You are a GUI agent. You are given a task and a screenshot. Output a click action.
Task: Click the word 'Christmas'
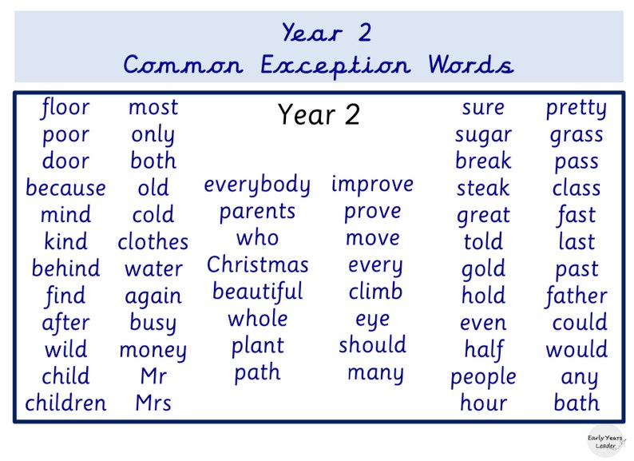pyautogui.click(x=257, y=264)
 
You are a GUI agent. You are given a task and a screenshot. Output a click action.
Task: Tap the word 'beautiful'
pyautogui.click(x=257, y=292)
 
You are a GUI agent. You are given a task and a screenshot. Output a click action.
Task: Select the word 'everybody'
pyautogui.click(x=257, y=185)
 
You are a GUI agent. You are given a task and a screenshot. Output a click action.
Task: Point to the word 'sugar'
pyautogui.click(x=483, y=135)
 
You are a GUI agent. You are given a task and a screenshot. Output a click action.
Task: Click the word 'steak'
pyautogui.click(x=483, y=189)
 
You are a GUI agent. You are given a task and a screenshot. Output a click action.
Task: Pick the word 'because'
pyautogui.click(x=65, y=189)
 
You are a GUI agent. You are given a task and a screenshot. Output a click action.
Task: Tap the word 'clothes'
pyautogui.click(x=153, y=242)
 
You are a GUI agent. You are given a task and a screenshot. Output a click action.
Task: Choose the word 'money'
pyautogui.click(x=153, y=350)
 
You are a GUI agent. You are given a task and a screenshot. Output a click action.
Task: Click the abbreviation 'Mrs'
pyautogui.click(x=153, y=403)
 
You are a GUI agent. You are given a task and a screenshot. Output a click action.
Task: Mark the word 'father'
pyautogui.click(x=576, y=296)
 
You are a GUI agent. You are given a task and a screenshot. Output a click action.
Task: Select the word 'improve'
pyautogui.click(x=372, y=185)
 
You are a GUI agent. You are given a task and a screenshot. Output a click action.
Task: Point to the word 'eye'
pyautogui.click(x=372, y=319)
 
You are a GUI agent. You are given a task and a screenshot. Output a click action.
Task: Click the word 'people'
pyautogui.click(x=483, y=376)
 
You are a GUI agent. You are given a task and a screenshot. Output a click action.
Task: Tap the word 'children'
pyautogui.click(x=65, y=403)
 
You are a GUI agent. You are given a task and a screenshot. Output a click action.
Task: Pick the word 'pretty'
pyautogui.click(x=576, y=109)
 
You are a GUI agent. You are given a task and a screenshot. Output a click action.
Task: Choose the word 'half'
pyautogui.click(x=483, y=349)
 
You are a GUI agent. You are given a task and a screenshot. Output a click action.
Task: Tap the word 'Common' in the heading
pyautogui.click(x=184, y=65)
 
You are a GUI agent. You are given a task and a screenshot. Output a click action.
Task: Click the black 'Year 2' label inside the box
pyautogui.click(x=319, y=115)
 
